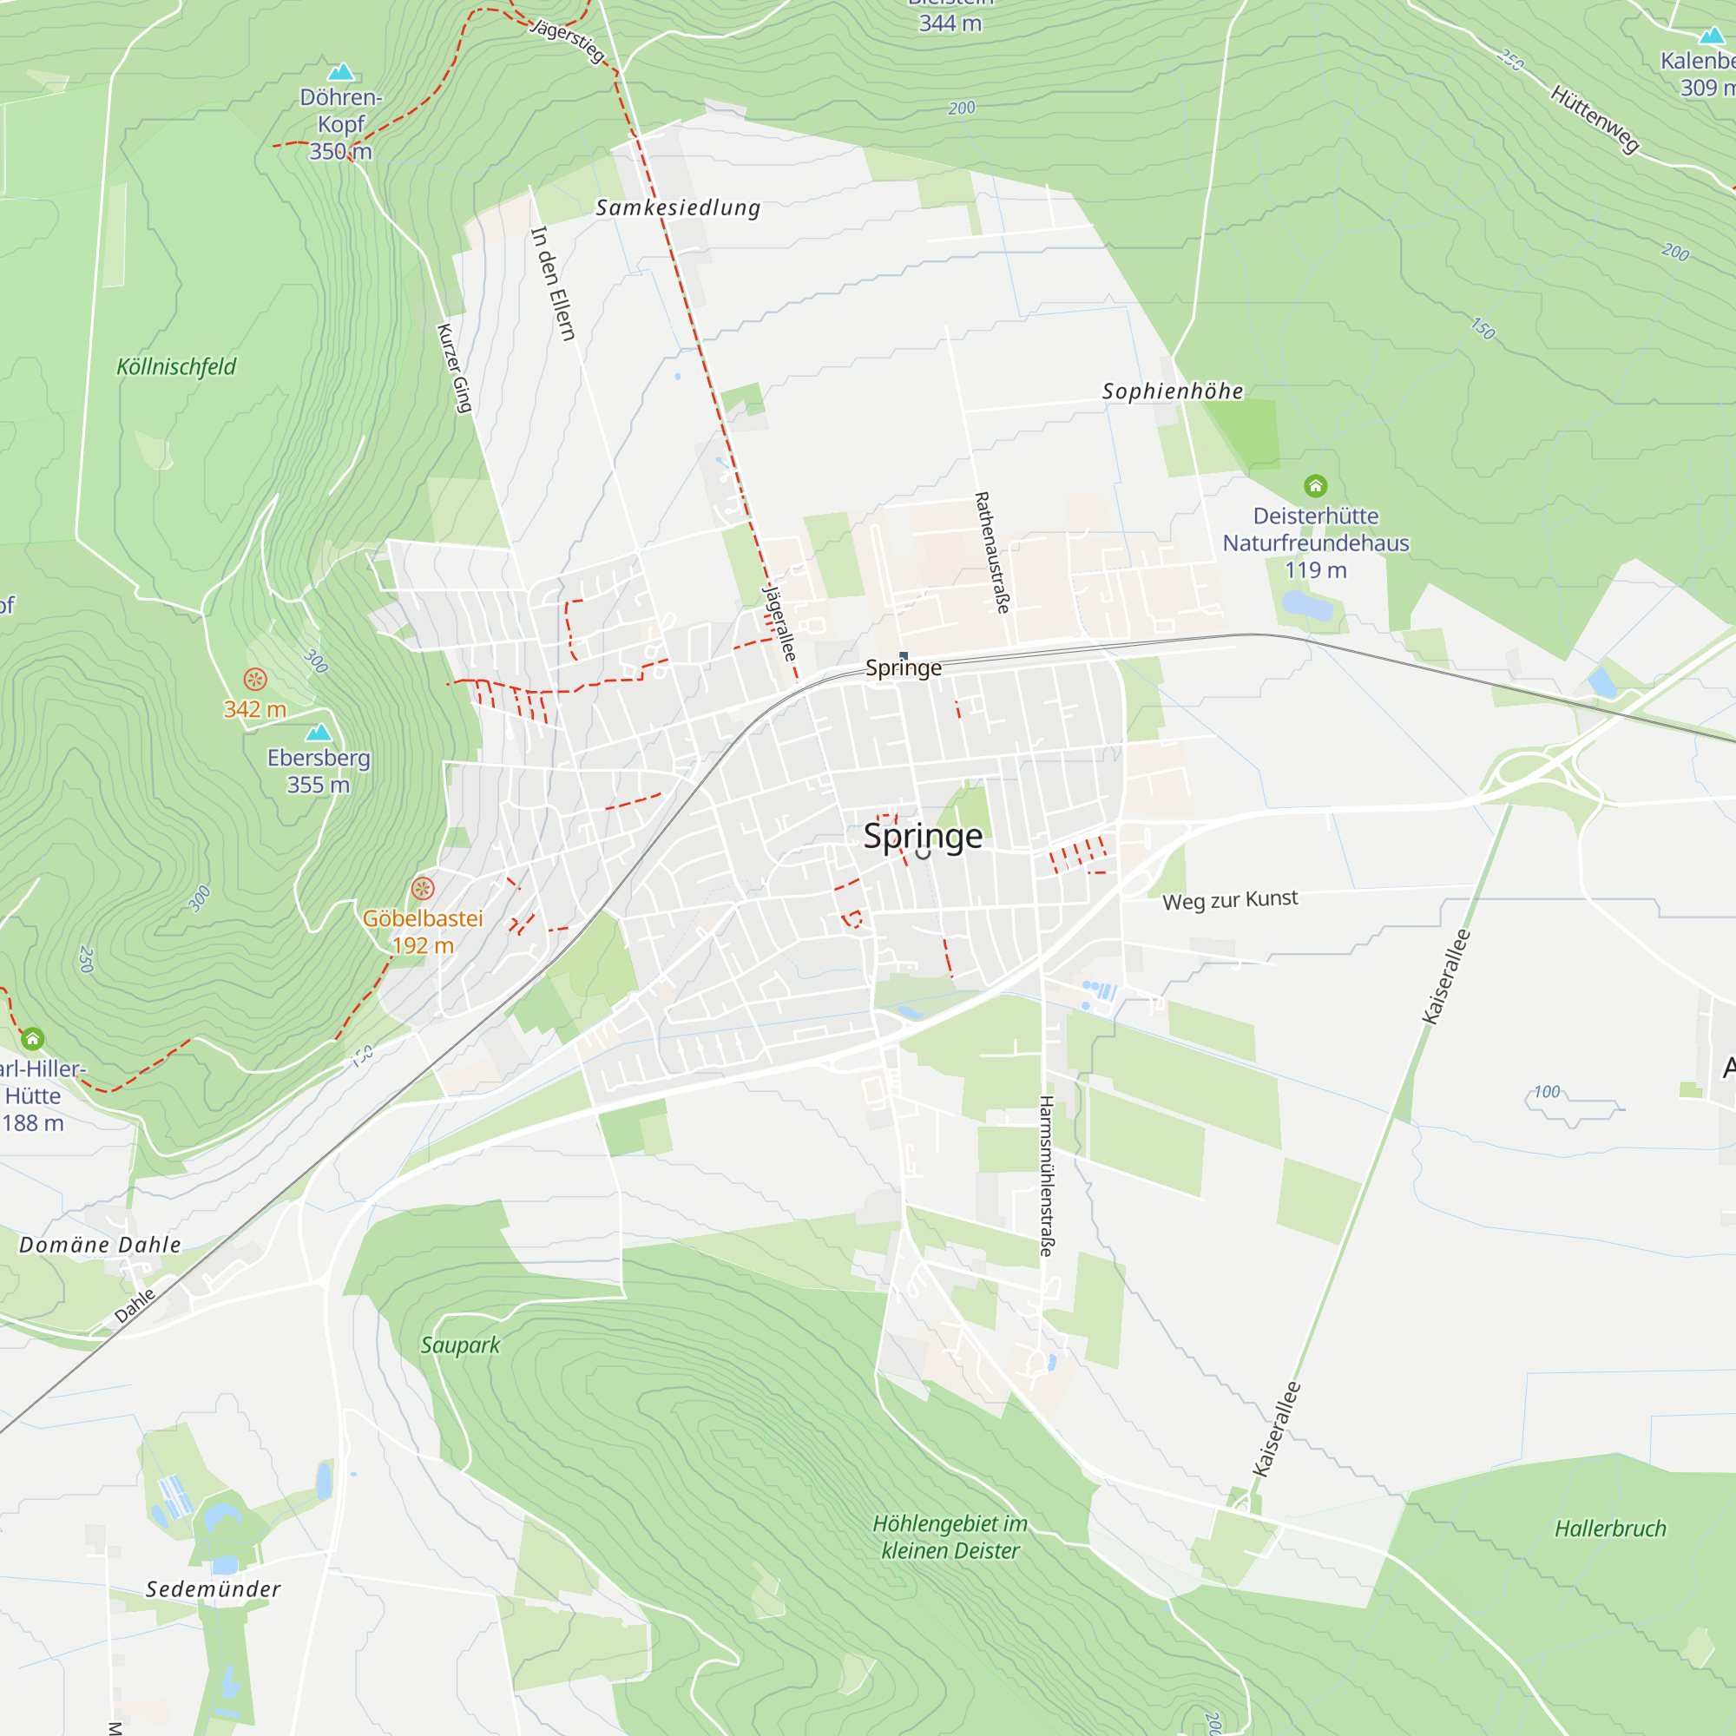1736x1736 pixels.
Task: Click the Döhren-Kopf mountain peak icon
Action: pos(340,72)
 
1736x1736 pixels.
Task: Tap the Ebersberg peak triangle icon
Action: pos(319,733)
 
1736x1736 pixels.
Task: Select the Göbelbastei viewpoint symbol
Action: pos(423,889)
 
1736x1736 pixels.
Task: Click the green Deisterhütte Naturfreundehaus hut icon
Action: pos(1316,486)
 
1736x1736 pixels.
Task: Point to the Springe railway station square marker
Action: pos(903,656)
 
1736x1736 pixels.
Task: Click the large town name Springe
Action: pos(923,837)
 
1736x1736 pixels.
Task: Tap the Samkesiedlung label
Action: pos(679,207)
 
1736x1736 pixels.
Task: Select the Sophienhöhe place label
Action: pos(1173,391)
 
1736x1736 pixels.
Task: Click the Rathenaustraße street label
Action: pos(992,552)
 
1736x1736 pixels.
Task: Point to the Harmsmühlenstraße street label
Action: pos(1046,1175)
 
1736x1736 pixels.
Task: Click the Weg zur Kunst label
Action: pos(1229,899)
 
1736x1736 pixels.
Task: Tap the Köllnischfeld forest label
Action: pos(176,366)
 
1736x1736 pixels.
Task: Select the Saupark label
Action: pos(460,1345)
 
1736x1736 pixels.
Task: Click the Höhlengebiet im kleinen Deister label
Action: pos(950,1537)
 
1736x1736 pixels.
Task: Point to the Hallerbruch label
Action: pos(1610,1529)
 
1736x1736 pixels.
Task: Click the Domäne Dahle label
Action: pos(100,1245)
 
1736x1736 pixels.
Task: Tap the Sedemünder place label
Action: pos(213,1588)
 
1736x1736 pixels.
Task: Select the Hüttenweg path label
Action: pos(1595,120)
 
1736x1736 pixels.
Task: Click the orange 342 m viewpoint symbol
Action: pos(255,680)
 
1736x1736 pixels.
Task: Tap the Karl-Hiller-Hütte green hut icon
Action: pos(32,1040)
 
